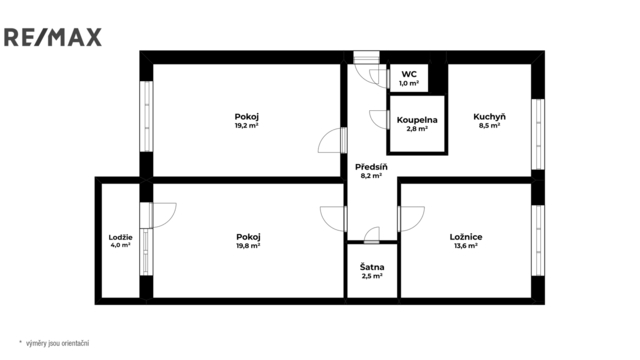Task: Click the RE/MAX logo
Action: (53, 37)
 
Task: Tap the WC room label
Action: (409, 74)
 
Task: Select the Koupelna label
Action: (417, 120)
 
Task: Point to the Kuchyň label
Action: (489, 117)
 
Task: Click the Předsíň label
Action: (371, 167)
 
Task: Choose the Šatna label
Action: (372, 267)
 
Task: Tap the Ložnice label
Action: (466, 237)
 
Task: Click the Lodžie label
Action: (120, 237)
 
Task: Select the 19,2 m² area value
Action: (247, 126)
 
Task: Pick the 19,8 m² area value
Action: (248, 246)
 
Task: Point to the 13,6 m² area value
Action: (466, 246)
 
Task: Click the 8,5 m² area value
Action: (489, 126)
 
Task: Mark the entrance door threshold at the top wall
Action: (366, 57)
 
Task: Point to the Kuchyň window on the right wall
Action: (538, 134)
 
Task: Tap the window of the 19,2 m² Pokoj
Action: (146, 117)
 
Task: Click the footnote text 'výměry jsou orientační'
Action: (58, 343)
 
